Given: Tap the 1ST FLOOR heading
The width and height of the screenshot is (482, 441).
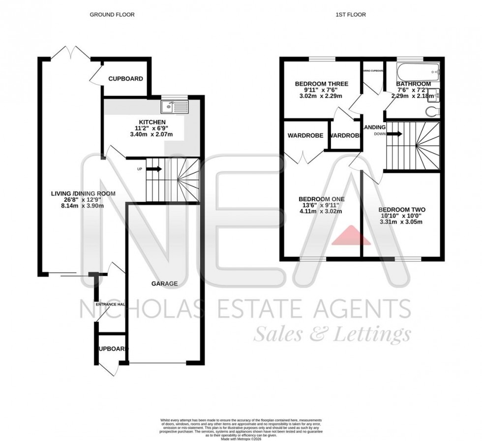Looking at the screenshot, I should [x=351, y=15].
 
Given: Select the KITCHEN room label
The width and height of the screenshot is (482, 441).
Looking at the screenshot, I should [x=151, y=122].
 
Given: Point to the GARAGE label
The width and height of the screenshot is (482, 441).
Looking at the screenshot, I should [x=164, y=283].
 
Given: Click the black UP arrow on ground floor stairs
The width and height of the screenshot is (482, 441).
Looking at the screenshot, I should [x=153, y=169].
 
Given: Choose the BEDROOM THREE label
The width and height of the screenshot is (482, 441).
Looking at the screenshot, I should [x=321, y=84].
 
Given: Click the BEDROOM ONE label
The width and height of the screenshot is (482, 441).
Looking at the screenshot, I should [x=322, y=199].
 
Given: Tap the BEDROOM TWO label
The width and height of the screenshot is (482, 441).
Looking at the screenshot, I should [x=402, y=209].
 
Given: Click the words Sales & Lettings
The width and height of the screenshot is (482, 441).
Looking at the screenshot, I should [x=332, y=335].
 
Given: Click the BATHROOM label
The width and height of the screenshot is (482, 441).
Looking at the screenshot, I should [x=414, y=84].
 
